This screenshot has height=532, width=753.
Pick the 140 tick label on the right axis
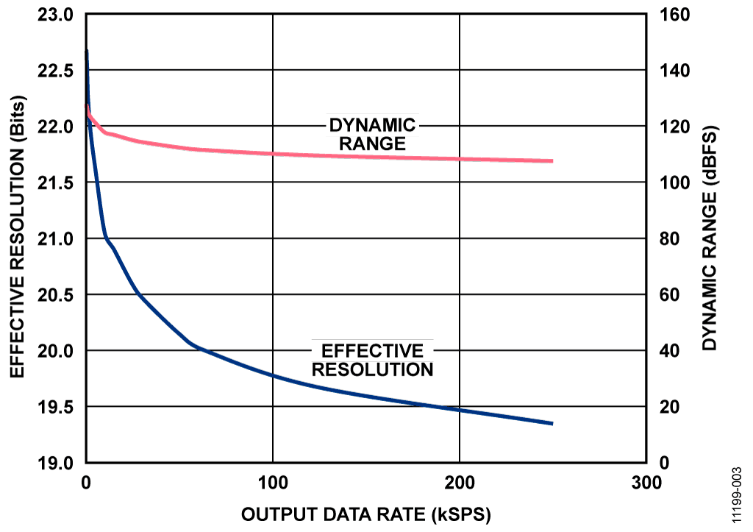(671, 71)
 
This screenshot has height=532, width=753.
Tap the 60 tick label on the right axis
(666, 295)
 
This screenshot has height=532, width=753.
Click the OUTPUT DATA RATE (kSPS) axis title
(365, 512)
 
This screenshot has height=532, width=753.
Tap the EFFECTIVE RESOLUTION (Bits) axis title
(18, 238)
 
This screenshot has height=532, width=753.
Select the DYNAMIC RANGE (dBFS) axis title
(710, 238)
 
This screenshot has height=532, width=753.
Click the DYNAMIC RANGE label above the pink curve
(372, 134)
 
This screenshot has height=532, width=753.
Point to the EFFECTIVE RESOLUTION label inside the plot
(373, 360)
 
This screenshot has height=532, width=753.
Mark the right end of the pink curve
(552, 161)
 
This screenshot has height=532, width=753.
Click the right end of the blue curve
(552, 424)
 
